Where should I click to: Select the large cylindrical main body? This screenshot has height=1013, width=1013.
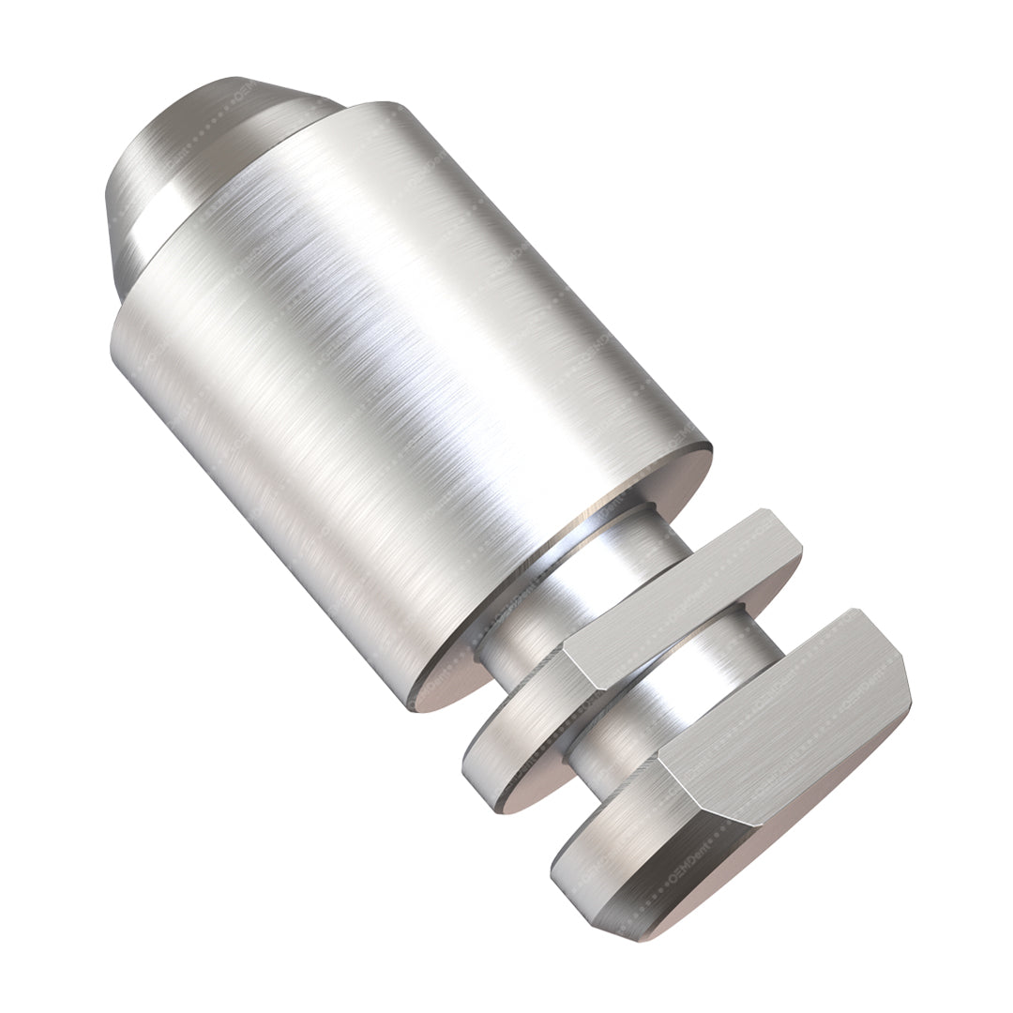pos(394,375)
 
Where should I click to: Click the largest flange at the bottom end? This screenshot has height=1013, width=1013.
pos(732,769)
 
